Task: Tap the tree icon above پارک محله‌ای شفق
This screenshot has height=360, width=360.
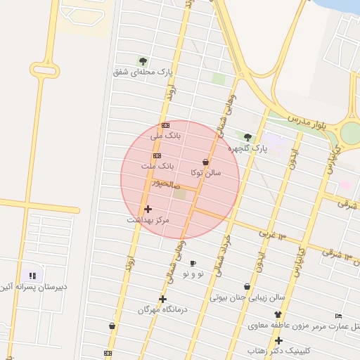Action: pyautogui.click(x=143, y=61)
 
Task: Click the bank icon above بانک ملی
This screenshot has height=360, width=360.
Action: pyautogui.click(x=165, y=124)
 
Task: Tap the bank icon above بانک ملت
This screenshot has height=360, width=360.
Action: pyautogui.click(x=157, y=155)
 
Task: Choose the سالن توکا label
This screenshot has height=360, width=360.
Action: pyautogui.click(x=205, y=172)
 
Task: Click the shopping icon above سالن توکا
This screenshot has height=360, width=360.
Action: pyautogui.click(x=205, y=162)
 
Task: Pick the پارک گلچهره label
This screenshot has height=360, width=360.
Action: pyautogui.click(x=247, y=148)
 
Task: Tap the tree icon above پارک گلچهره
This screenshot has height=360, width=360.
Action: pyautogui.click(x=247, y=137)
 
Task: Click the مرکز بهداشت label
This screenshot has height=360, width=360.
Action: pyautogui.click(x=148, y=220)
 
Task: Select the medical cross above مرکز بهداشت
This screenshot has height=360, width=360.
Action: pyautogui.click(x=148, y=209)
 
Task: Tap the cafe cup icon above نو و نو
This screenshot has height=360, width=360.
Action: pyautogui.click(x=193, y=263)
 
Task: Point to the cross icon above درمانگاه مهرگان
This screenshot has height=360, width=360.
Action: pyautogui.click(x=162, y=299)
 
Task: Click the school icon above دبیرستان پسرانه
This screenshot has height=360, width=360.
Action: pyautogui.click(x=32, y=276)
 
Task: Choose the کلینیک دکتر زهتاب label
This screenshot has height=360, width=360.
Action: pyautogui.click(x=279, y=350)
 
